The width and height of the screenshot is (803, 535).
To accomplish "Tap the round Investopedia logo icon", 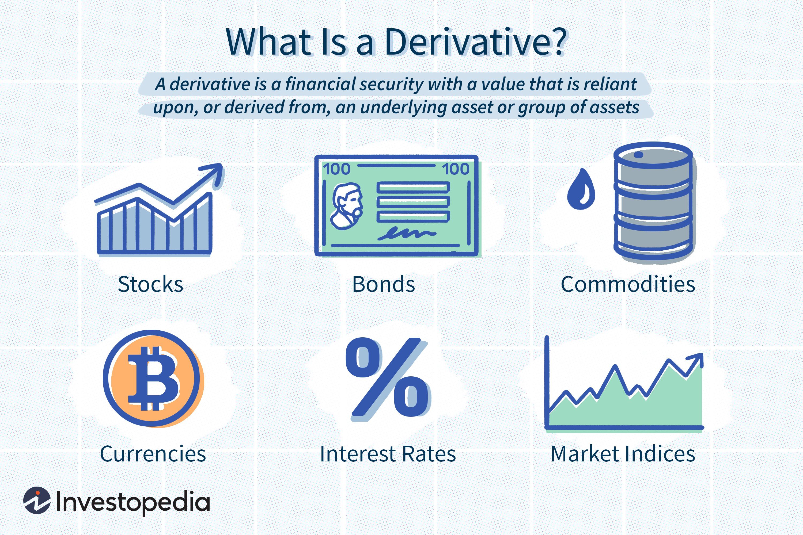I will pyautogui.click(x=37, y=500).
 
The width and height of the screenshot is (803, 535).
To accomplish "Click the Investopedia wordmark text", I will pyautogui.click(x=132, y=502).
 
